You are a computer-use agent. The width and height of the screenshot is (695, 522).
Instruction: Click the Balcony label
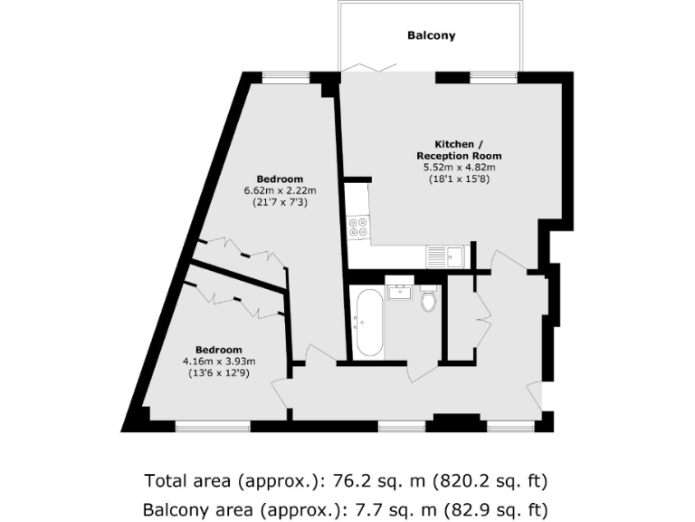tap(431, 36)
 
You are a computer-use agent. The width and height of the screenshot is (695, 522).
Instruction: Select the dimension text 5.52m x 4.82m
tap(461, 168)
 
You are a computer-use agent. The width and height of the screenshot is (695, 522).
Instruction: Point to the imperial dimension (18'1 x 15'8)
tap(461, 179)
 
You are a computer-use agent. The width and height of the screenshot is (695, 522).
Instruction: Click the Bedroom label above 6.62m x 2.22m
tap(279, 179)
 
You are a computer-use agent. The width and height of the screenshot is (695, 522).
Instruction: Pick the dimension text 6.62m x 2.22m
tap(279, 191)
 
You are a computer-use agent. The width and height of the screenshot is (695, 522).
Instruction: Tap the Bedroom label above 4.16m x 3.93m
tap(219, 350)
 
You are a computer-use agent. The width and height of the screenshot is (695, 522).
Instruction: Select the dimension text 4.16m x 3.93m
tap(219, 362)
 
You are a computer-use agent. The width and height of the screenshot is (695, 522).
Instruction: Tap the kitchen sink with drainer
tap(445, 256)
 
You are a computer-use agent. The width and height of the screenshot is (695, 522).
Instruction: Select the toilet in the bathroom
tap(428, 298)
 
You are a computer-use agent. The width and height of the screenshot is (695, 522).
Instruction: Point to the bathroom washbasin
tap(398, 291)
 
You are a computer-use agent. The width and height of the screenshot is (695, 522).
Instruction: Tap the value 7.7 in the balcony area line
tap(369, 509)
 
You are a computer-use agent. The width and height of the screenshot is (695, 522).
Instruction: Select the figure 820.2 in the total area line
tap(460, 480)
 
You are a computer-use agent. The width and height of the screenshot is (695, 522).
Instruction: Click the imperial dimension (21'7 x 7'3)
tap(279, 203)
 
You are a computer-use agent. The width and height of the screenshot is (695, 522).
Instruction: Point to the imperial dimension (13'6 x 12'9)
tap(219, 373)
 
